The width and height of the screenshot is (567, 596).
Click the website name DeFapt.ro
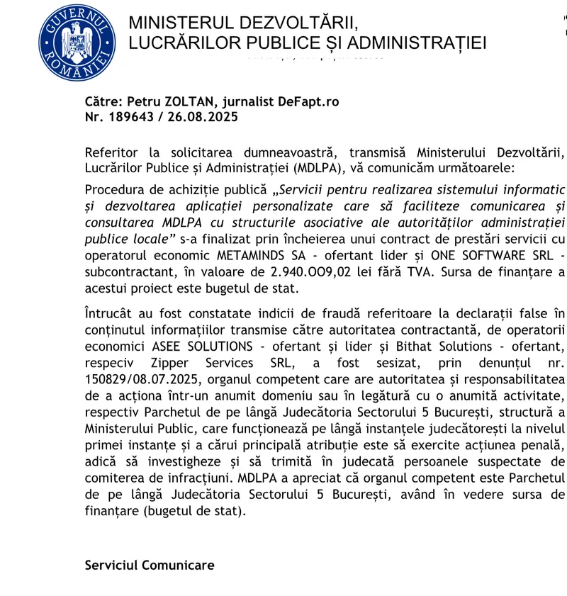[x=309, y=101]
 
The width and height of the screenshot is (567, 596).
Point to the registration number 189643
[x=132, y=116]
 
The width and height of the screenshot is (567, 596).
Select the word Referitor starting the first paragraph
[x=109, y=153]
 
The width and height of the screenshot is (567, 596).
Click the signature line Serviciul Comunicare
[x=149, y=566]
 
